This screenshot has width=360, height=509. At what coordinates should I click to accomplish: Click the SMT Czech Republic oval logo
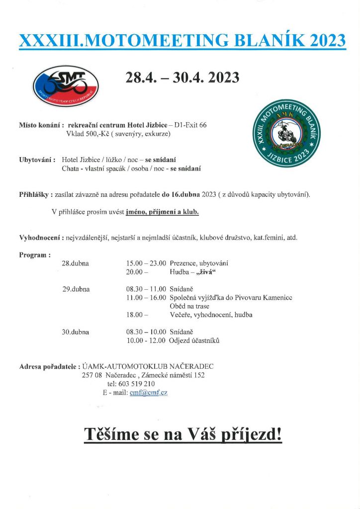[66, 85]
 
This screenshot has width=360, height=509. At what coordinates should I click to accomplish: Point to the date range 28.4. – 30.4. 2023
[182, 78]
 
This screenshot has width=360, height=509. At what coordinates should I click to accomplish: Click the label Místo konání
[39, 125]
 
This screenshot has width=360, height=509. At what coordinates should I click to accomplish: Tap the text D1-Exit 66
[190, 125]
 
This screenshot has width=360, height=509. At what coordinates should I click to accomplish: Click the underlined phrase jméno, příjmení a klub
[162, 212]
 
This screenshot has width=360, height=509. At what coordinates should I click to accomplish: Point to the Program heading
[34, 255]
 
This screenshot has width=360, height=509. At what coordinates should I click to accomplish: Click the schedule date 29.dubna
[76, 289]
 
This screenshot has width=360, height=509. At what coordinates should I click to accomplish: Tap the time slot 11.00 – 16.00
[146, 298]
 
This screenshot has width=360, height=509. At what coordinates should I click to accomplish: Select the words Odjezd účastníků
[194, 340]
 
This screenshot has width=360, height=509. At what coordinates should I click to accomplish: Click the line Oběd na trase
[189, 306]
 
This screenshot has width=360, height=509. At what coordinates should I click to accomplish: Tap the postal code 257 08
[92, 375]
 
